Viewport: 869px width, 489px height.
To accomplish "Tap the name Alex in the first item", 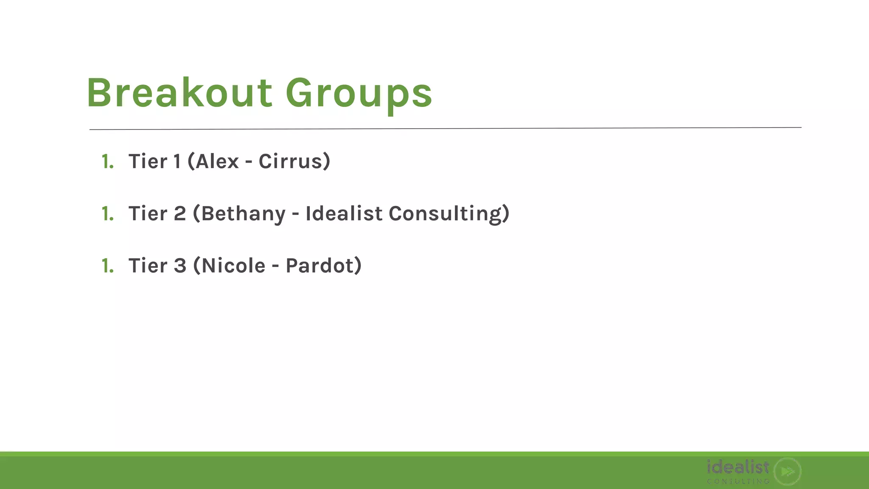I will coord(217,161).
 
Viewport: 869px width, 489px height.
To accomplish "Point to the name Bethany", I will coord(243,214).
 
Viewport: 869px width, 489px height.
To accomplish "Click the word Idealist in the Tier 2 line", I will coord(344,213).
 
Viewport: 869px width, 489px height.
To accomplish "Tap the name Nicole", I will coord(233,266).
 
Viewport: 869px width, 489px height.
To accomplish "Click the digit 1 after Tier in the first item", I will coord(177,161).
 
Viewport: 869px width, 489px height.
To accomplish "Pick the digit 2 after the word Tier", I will coord(180,214).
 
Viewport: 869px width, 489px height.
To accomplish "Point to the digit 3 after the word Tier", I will coord(180,266).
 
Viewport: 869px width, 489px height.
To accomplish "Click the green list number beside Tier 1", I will coord(108,162).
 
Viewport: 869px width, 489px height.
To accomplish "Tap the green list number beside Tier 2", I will coord(108,214).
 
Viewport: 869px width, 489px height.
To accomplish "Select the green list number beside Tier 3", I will coord(108,266).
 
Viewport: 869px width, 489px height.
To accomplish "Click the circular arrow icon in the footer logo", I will coord(787,471).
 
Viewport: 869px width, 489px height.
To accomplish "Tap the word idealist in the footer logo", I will coord(738,467).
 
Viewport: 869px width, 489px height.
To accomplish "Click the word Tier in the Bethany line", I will coord(148,214).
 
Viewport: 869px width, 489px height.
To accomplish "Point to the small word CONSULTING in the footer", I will coord(738,481).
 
